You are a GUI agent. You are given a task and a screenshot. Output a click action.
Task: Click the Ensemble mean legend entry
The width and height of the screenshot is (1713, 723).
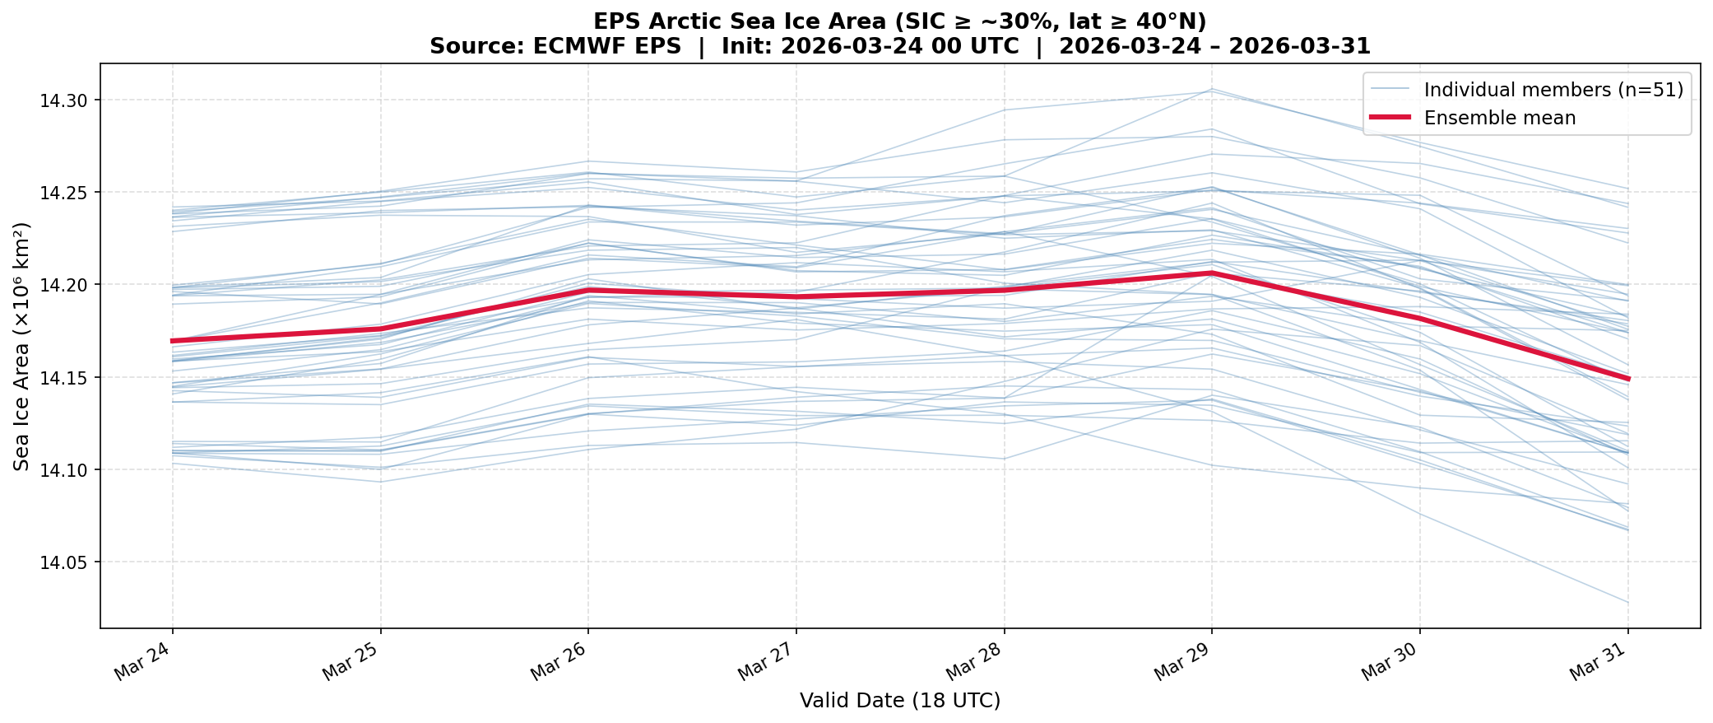1499,118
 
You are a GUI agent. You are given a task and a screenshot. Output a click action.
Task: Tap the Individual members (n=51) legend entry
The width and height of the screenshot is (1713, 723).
1550,90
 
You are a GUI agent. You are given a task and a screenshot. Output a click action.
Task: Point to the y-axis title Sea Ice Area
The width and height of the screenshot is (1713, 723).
22,346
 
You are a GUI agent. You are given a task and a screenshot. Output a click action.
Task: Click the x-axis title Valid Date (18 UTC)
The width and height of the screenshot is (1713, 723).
900,701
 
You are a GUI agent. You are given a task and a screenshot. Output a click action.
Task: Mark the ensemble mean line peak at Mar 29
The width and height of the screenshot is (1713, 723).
1211,273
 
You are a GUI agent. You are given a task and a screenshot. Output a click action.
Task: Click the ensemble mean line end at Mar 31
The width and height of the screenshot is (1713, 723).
1627,379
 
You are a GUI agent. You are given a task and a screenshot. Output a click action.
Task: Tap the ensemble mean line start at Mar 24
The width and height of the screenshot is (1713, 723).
173,340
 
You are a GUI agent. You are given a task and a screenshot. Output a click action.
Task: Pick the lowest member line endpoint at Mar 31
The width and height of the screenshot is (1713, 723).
1627,603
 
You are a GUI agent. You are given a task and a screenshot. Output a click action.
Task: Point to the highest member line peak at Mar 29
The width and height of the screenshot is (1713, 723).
1211,89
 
